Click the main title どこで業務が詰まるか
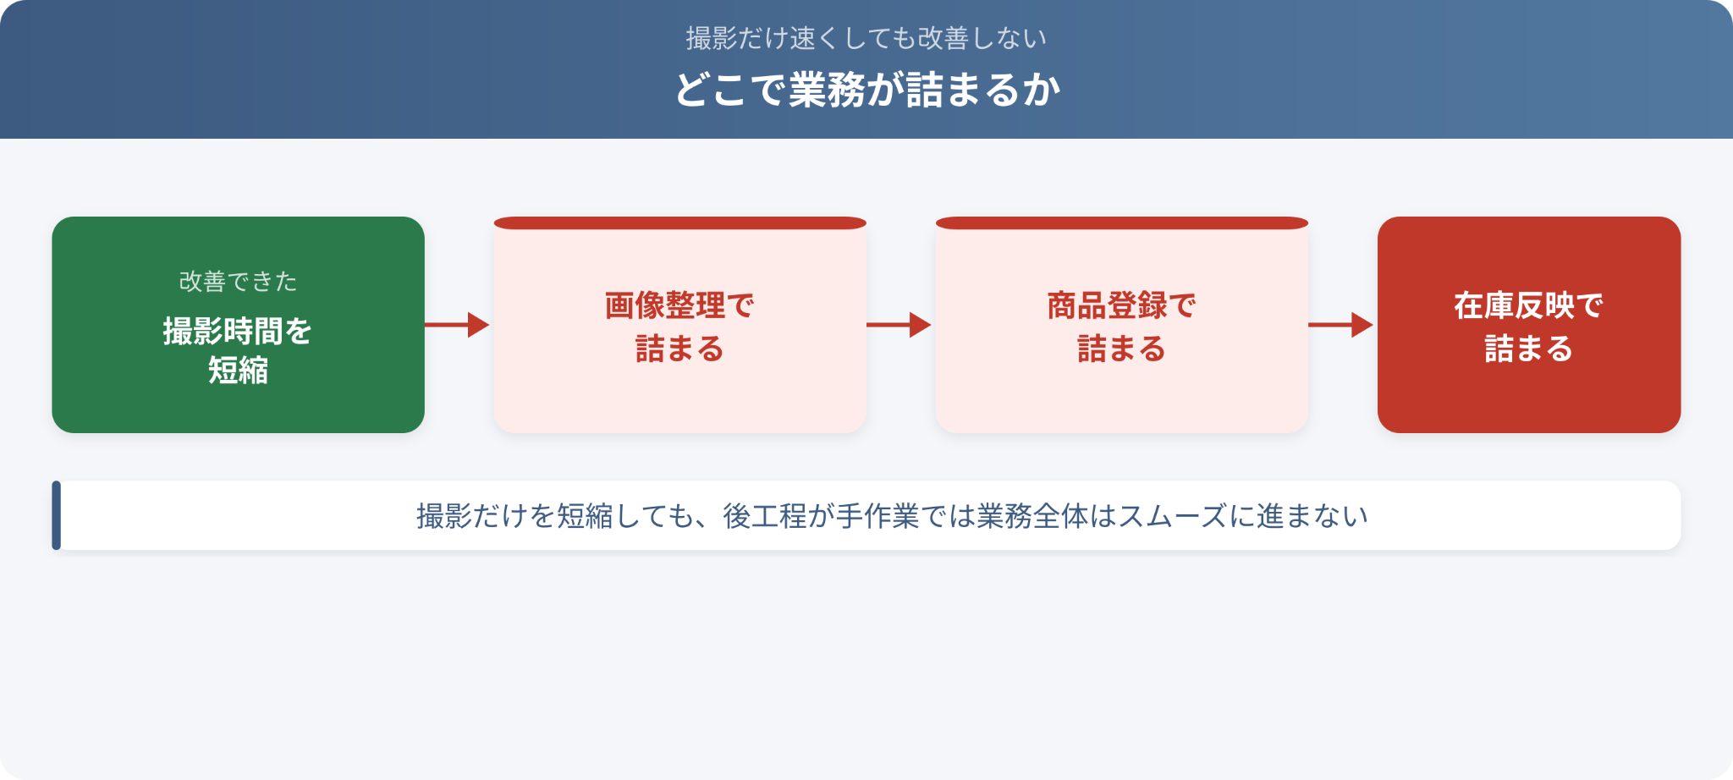[x=866, y=90]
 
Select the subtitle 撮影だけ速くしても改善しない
[x=866, y=38]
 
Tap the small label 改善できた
[x=238, y=281]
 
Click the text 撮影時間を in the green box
[x=238, y=331]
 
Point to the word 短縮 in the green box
[x=238, y=371]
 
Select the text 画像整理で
[x=679, y=305]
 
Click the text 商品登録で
[x=1121, y=305]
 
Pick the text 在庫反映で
[x=1528, y=305]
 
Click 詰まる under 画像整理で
[x=679, y=349]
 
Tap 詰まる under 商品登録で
[x=1121, y=349]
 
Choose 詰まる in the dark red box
[x=1528, y=349]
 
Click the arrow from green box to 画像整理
[x=457, y=325]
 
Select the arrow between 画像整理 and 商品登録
[x=899, y=325]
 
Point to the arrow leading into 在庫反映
[x=1340, y=325]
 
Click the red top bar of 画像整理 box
[x=679, y=223]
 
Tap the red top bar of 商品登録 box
[x=1121, y=223]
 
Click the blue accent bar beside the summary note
[x=56, y=515]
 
